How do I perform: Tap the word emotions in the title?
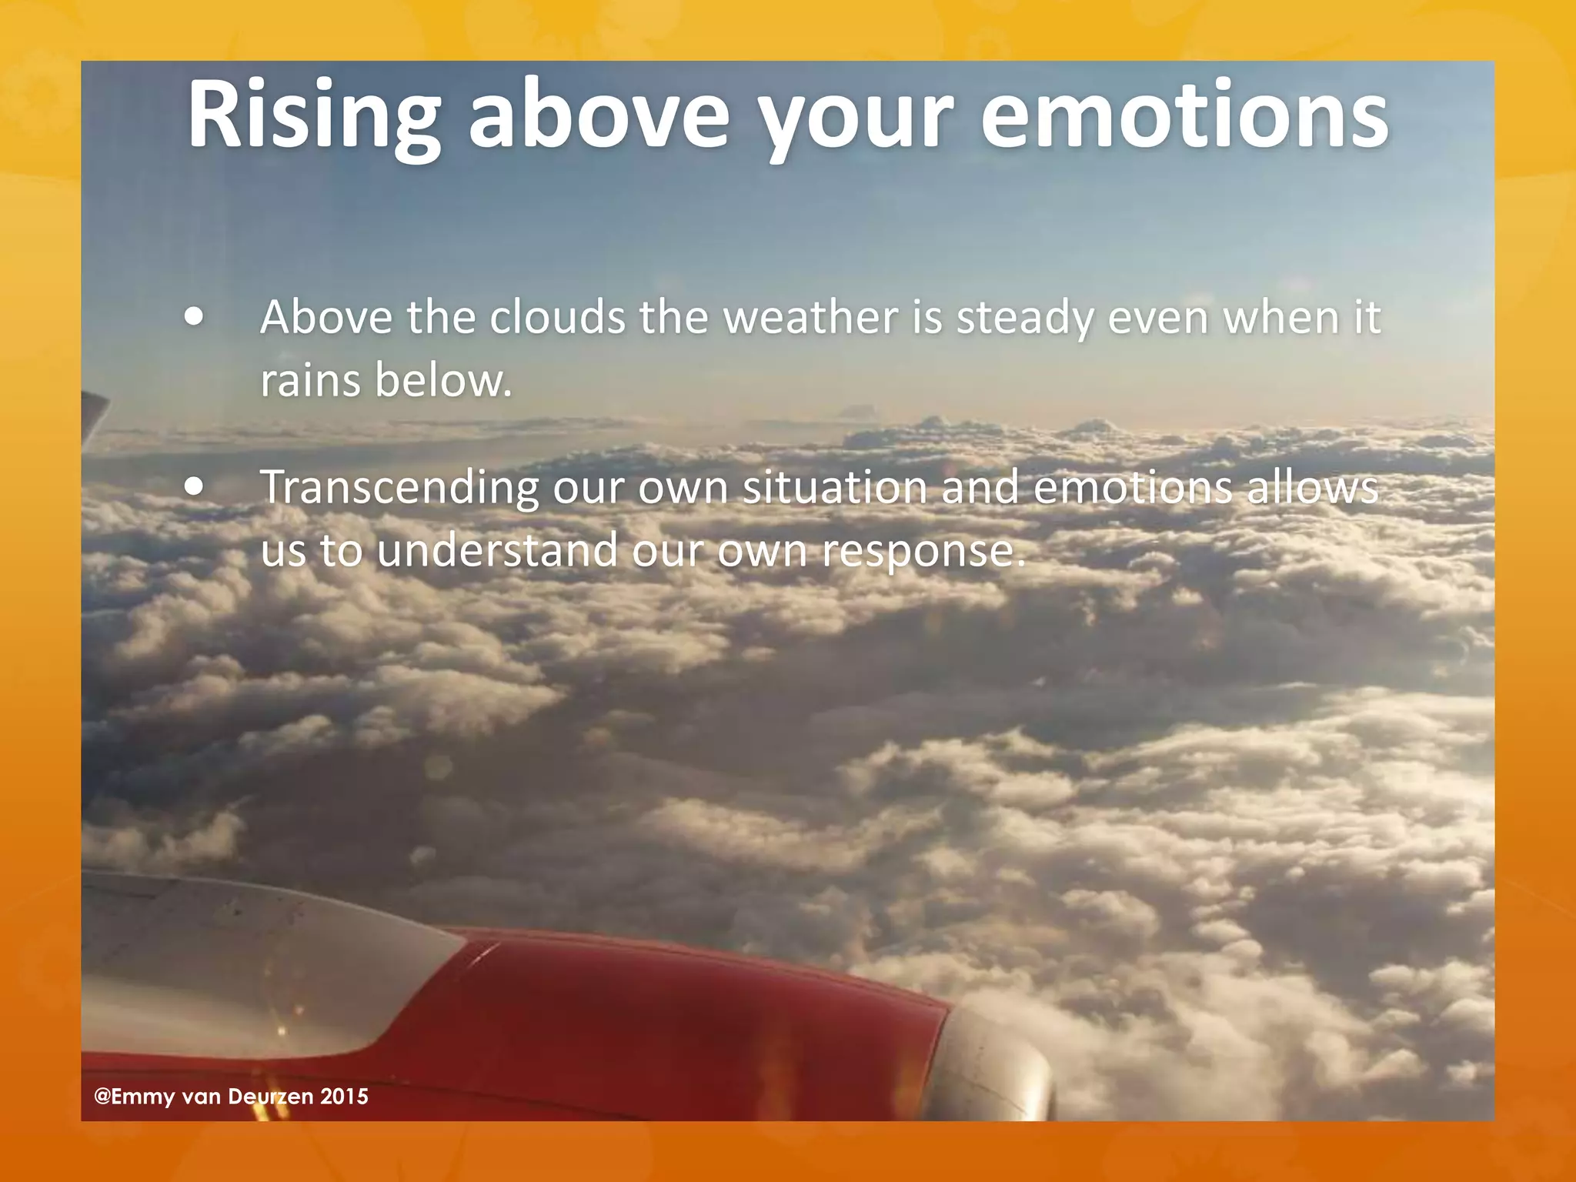[x=1184, y=115]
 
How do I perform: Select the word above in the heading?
[x=599, y=115]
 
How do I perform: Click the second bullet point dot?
[x=195, y=486]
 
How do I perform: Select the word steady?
[x=1024, y=318]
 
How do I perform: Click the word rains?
[x=310, y=380]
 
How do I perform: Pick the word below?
[x=443, y=380]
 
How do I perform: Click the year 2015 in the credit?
[x=344, y=1097]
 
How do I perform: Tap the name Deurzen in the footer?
[x=271, y=1097]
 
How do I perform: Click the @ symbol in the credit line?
[x=102, y=1097]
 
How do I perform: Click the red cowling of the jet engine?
[x=693, y=1023]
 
